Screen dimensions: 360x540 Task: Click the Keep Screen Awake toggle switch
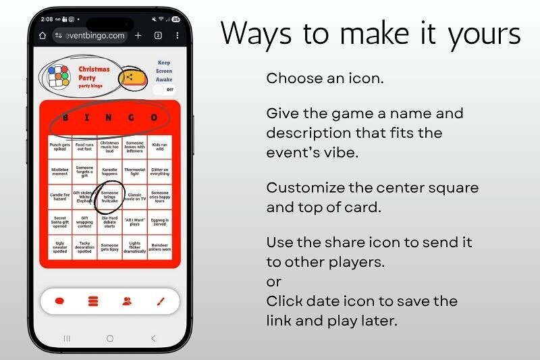point(163,89)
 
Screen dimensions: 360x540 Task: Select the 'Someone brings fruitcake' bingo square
point(109,197)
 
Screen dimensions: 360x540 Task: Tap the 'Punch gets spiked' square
point(59,147)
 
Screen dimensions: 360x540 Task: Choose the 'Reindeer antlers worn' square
point(159,247)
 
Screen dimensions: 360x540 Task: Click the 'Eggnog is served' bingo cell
point(159,222)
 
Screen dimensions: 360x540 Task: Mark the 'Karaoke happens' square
point(109,172)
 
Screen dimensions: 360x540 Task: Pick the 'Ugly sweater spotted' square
point(59,247)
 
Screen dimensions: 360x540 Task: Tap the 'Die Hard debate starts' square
point(109,222)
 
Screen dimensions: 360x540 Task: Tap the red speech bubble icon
point(59,301)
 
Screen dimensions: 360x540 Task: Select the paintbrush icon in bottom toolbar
point(161,301)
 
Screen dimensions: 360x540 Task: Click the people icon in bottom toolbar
point(127,301)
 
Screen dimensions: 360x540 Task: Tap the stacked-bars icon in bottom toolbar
point(93,301)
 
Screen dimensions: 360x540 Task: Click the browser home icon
point(43,35)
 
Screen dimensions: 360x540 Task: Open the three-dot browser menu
point(177,35)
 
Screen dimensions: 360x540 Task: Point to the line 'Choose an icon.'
point(325,78)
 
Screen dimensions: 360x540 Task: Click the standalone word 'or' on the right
point(273,281)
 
